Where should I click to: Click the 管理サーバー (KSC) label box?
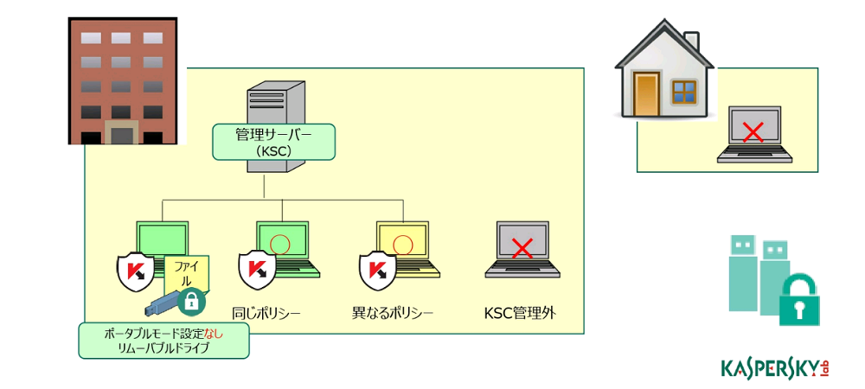point(274,142)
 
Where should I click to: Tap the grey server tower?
point(277,126)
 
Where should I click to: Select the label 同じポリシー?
point(266,314)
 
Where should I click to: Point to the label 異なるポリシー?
point(392,314)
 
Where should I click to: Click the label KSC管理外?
point(520,314)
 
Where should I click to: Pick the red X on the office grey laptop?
point(522,249)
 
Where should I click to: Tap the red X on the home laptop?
point(753,133)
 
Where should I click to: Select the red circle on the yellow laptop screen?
point(401,243)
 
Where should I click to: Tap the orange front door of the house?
point(646,94)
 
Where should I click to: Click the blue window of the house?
point(685,92)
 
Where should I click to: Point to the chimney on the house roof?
point(691,42)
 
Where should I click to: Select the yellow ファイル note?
point(187,275)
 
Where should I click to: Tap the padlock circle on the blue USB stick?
point(191,302)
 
